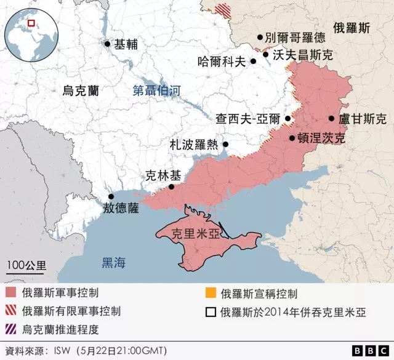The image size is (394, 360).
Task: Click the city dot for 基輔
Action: click(108, 44)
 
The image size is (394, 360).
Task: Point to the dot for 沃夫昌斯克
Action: click(266, 55)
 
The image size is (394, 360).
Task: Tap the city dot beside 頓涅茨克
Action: click(292, 138)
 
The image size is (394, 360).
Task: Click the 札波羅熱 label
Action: click(193, 145)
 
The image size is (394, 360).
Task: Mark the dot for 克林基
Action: click(172, 186)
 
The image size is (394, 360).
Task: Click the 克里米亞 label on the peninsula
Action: click(196, 234)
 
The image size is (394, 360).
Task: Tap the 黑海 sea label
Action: click(113, 263)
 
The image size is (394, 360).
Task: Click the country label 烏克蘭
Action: click(81, 90)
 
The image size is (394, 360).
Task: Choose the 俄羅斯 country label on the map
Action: click(352, 28)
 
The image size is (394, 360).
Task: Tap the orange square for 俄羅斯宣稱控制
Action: click(211, 294)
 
